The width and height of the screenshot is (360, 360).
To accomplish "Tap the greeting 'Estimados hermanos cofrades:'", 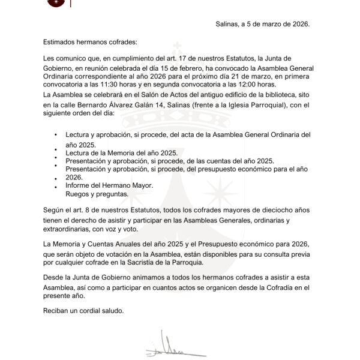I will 91,42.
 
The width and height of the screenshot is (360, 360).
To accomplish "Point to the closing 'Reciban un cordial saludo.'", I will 83,310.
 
